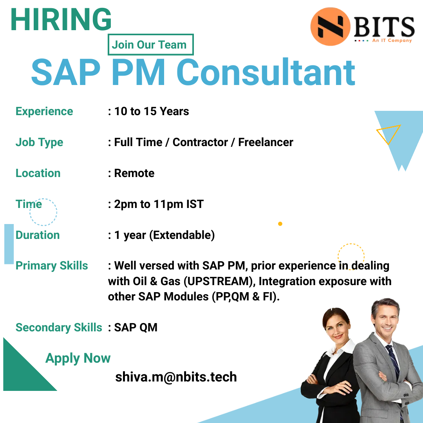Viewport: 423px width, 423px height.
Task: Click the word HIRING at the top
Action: [61, 20]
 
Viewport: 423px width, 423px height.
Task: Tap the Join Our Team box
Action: [150, 45]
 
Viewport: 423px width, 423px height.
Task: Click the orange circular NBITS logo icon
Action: [330, 26]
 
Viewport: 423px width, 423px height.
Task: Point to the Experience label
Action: [44, 111]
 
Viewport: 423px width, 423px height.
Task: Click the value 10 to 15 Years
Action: [152, 111]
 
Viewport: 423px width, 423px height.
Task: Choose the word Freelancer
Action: [266, 142]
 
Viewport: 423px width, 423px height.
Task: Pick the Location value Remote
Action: [134, 173]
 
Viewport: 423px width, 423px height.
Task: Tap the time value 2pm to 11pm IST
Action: [159, 204]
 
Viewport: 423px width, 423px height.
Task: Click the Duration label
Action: [38, 235]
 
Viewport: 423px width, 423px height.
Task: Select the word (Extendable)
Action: [183, 235]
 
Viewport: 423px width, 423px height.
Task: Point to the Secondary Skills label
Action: [59, 327]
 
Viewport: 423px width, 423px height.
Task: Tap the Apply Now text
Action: [78, 358]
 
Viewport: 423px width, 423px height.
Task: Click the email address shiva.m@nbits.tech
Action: [176, 377]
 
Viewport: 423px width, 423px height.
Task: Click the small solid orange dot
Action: [280, 224]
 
